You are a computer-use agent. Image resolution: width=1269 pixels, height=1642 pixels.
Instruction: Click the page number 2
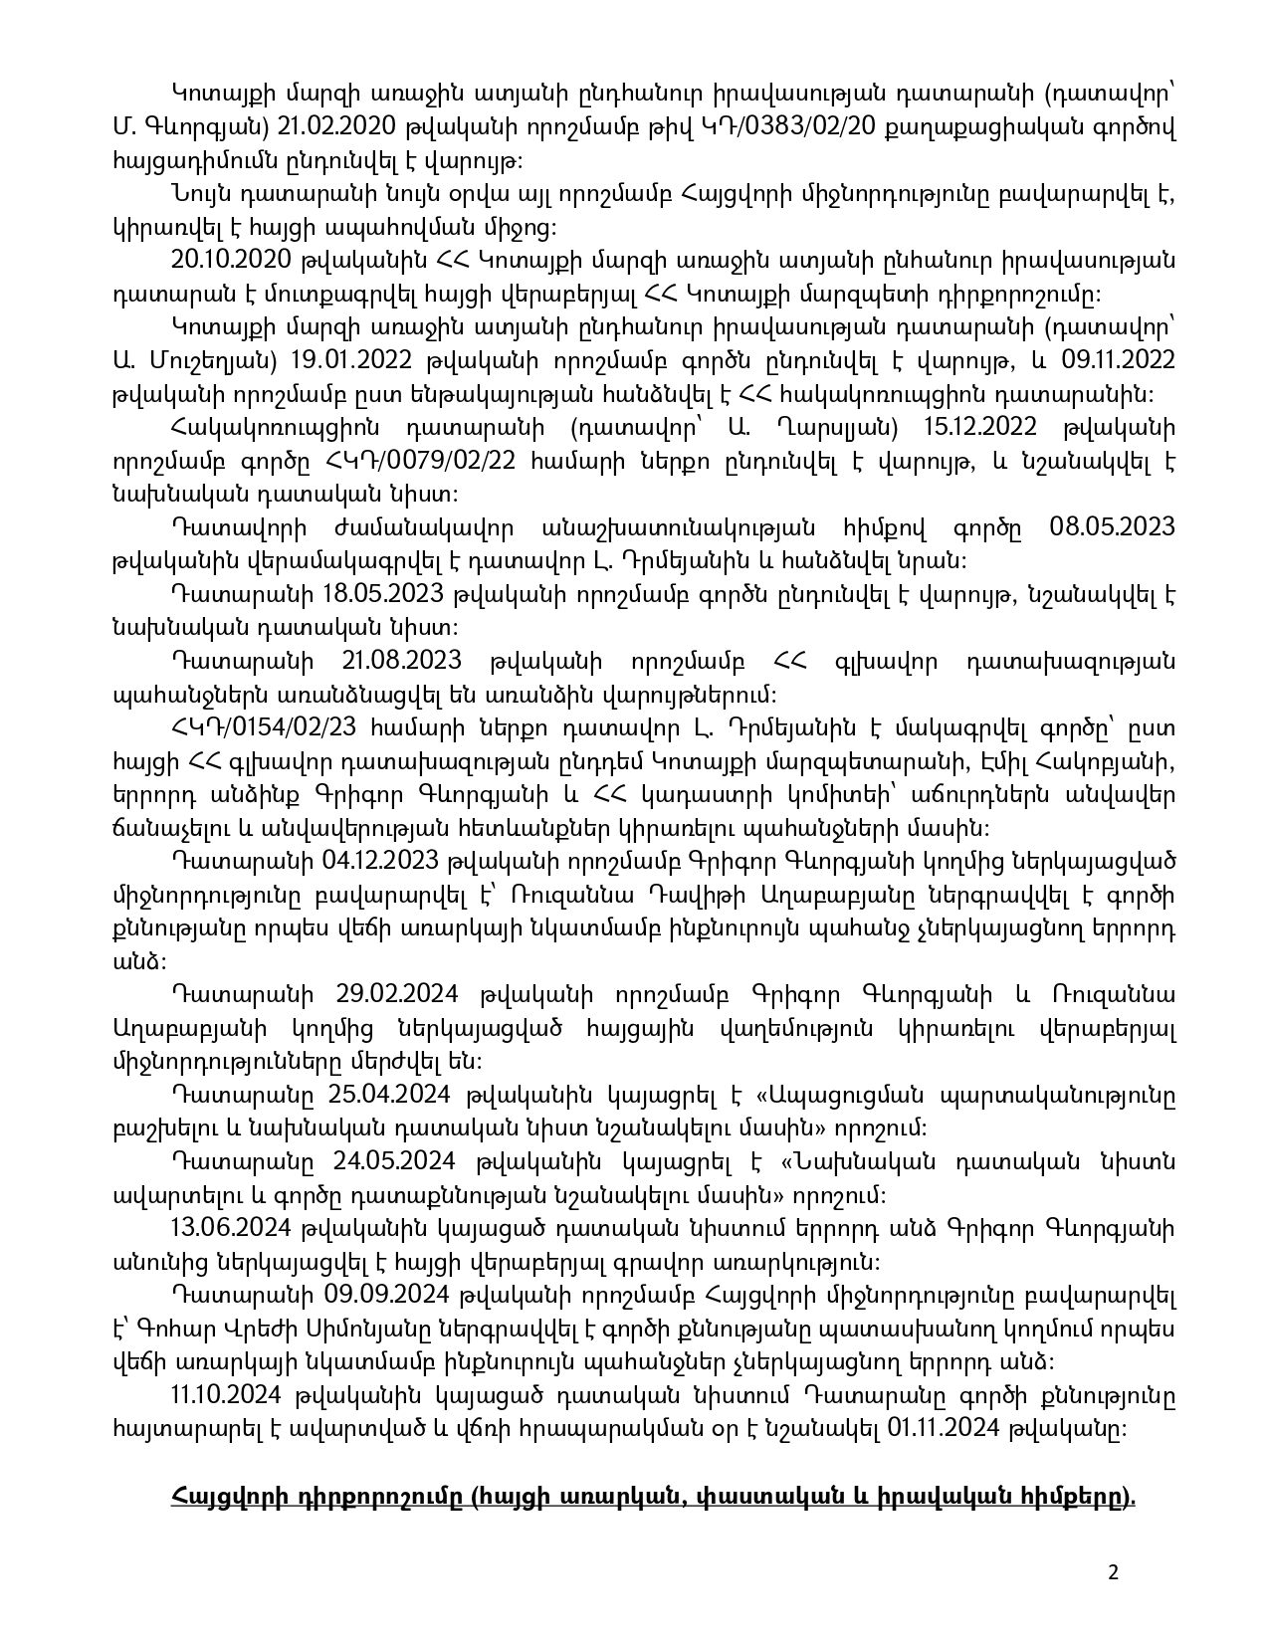point(1113,1573)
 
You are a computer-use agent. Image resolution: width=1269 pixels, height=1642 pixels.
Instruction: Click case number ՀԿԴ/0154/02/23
point(231,727)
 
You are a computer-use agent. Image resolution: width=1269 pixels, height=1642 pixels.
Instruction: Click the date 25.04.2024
point(390,1095)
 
